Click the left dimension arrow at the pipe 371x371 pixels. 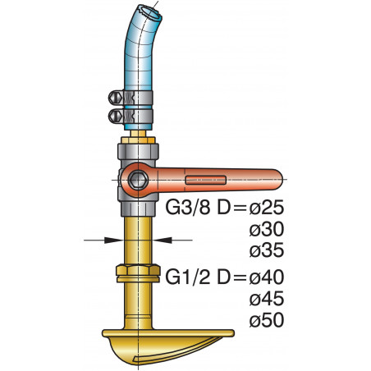116,240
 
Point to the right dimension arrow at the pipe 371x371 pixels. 163,240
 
